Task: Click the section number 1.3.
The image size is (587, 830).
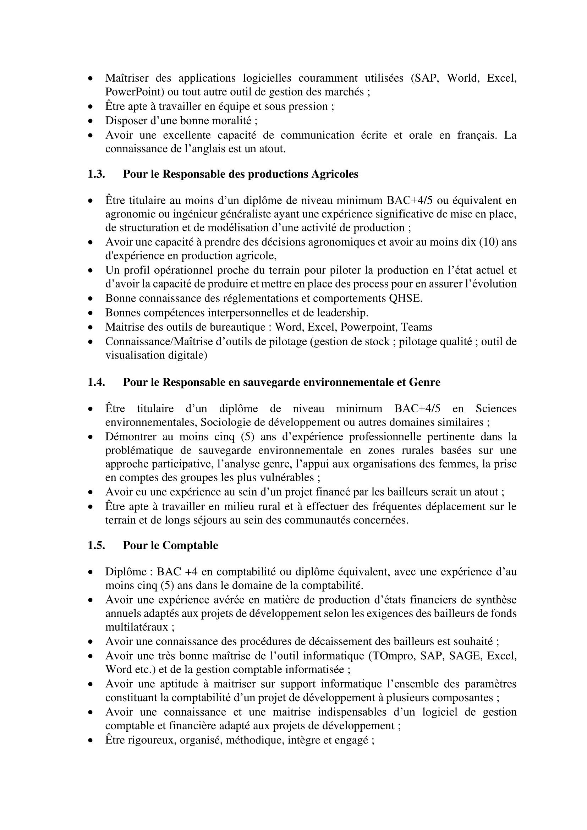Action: click(96, 174)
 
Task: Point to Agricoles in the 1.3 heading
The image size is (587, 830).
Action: click(335, 174)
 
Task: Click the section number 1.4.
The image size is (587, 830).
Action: click(96, 383)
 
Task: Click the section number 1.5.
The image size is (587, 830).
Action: click(96, 545)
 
